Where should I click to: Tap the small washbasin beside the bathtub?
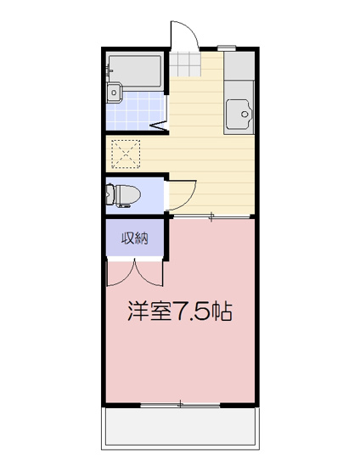[x=114, y=93]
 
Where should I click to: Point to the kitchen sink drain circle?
[x=245, y=114]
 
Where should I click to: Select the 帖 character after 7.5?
[x=222, y=311]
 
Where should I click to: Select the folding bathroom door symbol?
[x=160, y=126]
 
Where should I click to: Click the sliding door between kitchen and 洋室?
[x=212, y=216]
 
